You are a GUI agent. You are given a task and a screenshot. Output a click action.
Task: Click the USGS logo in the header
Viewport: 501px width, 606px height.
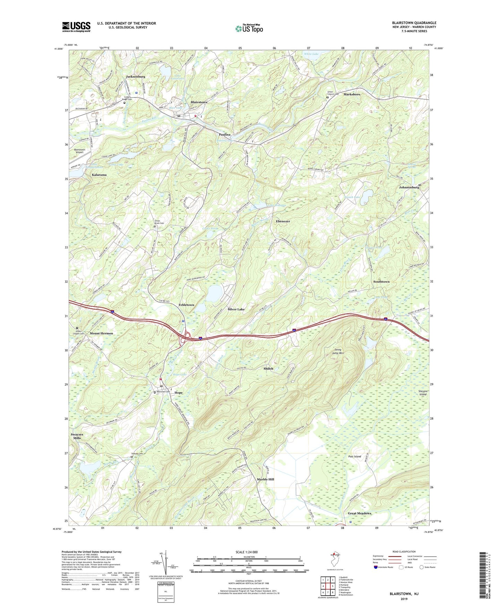[76, 27]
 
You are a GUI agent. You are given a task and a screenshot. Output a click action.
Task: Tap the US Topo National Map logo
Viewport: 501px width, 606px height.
[249, 28]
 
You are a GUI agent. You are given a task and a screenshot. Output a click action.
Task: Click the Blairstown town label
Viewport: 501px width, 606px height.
[199, 102]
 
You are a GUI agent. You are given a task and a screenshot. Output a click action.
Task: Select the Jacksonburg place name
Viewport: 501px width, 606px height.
[136, 76]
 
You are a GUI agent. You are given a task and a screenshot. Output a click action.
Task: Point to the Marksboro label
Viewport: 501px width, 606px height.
[352, 94]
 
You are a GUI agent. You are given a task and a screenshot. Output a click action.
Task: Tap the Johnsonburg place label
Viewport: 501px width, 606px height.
[409, 187]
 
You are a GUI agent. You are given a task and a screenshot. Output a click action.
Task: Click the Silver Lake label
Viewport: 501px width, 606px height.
[236, 309]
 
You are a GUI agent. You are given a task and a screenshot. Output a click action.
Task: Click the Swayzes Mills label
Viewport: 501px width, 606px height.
[77, 436]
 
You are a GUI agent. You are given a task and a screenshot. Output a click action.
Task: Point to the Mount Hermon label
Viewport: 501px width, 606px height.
[102, 334]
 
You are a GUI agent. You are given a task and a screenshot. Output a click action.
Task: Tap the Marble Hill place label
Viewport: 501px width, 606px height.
[266, 479]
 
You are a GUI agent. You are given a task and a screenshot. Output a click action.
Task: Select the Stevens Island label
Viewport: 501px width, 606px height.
[423, 393]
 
